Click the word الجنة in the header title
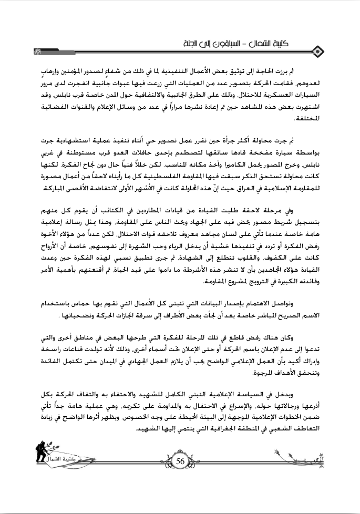click(x=189, y=42)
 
